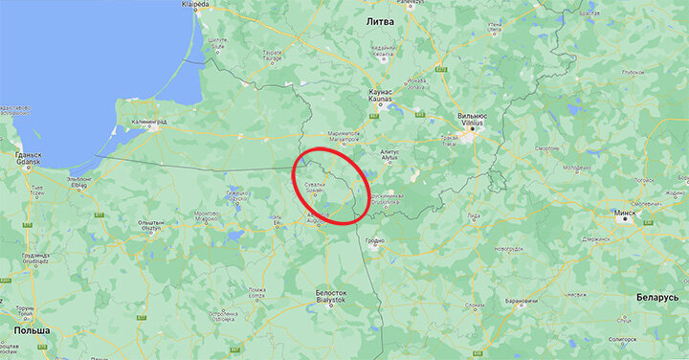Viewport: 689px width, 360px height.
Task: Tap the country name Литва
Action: coord(381,19)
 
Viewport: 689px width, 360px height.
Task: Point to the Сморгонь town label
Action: coord(545,150)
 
